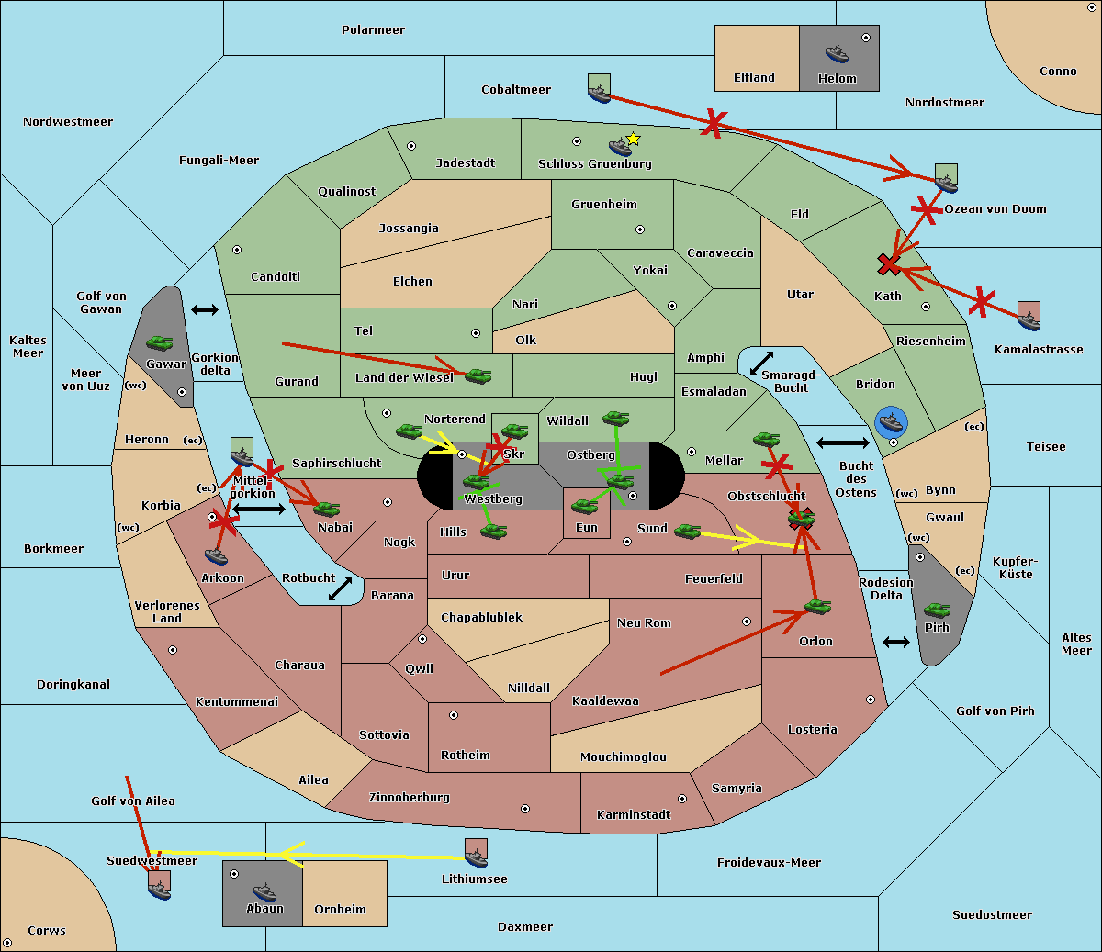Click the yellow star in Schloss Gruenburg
[x=633, y=140]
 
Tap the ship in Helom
[x=837, y=52]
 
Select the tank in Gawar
[x=160, y=342]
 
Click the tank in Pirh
[x=938, y=610]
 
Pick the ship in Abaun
[x=264, y=891]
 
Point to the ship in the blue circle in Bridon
[x=891, y=422]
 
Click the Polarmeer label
[x=373, y=30]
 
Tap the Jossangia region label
[x=409, y=229]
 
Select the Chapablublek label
[x=481, y=617]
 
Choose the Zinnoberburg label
[x=410, y=798]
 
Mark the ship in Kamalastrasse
[x=1029, y=321]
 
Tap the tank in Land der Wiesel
[x=478, y=376]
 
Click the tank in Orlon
[x=818, y=607]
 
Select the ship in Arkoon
[x=216, y=556]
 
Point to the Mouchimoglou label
[x=624, y=756]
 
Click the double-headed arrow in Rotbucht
[x=340, y=588]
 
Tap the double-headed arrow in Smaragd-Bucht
[x=761, y=363]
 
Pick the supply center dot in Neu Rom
[x=747, y=622]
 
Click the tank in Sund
[x=688, y=531]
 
